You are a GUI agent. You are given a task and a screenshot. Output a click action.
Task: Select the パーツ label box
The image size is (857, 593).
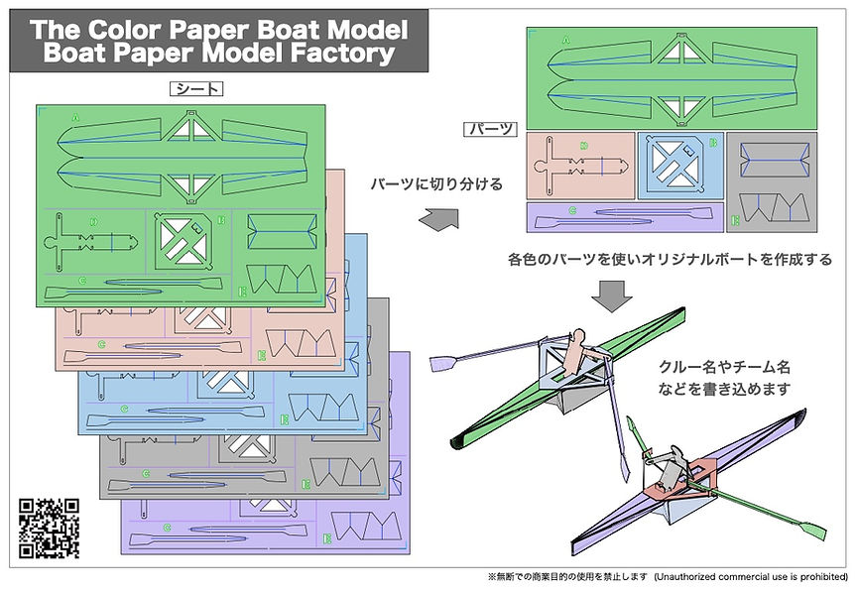tap(490, 129)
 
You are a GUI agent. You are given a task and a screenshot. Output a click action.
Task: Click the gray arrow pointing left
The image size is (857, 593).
tap(438, 219)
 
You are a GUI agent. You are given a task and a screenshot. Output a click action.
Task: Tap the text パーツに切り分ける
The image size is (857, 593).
tap(437, 184)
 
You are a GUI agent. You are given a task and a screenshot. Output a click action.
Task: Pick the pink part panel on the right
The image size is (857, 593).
tap(579, 165)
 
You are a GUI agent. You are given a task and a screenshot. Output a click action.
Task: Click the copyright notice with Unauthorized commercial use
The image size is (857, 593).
tap(666, 576)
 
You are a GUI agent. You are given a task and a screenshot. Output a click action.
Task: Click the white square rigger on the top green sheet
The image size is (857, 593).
tap(187, 239)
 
